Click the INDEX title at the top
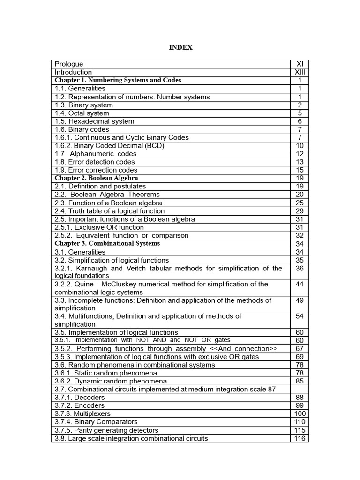coord(180,47)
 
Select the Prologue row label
coord(69,64)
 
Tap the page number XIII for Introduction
coord(300,72)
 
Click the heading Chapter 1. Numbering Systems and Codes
coord(118,80)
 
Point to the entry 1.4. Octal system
coord(82,113)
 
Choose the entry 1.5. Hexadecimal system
coord(94,121)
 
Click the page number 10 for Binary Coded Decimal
coord(300,146)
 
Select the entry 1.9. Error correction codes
coord(96,170)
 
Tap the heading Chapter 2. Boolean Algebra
coord(97,178)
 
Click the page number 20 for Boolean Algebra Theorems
coord(300,195)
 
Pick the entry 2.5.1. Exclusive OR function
coord(99,227)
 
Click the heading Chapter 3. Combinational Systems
coord(107,244)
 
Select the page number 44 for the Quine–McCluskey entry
coord(300,285)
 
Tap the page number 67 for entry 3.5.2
coord(300,349)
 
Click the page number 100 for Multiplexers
coord(300,414)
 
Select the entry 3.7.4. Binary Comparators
coord(96,422)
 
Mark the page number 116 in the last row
coord(300,438)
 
